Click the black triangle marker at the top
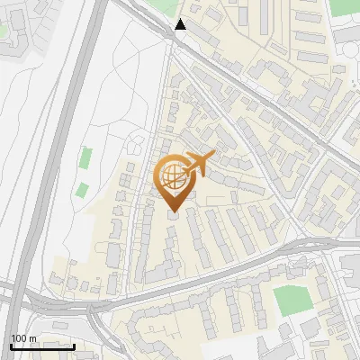(x=182, y=24)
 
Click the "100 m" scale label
(x=23, y=338)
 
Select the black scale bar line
(x=42, y=346)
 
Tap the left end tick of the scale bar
(x=11, y=346)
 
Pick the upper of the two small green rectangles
(x=85, y=158)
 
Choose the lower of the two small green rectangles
(x=82, y=190)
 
